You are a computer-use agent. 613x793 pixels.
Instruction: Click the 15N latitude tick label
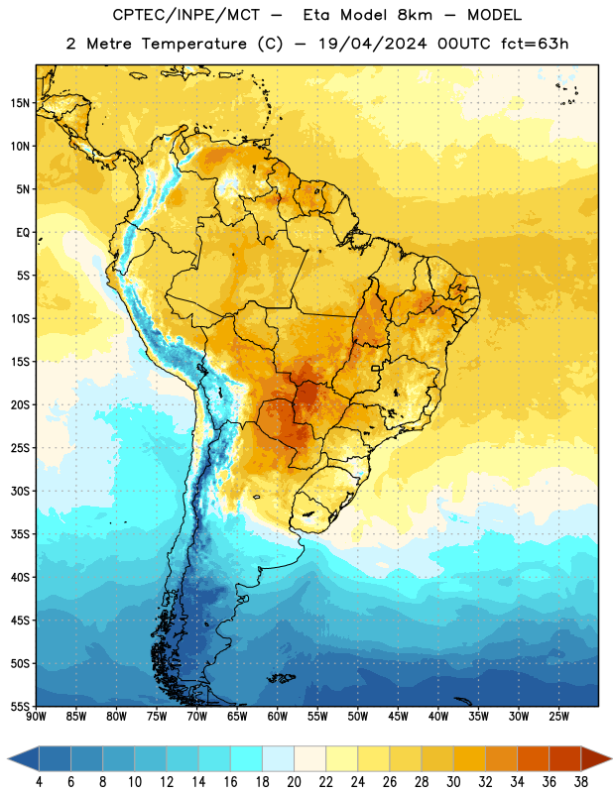[20, 103]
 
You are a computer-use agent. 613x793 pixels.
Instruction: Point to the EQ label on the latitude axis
[23, 233]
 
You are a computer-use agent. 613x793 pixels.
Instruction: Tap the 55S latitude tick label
[20, 706]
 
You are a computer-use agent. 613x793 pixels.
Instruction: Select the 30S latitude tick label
[20, 491]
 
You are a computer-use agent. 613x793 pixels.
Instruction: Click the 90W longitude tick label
[37, 716]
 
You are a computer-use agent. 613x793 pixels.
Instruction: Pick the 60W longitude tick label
[278, 716]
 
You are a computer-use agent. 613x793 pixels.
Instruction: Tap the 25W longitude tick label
[558, 716]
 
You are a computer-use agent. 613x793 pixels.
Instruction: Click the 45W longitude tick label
[398, 716]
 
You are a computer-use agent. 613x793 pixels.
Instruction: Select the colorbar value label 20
[294, 782]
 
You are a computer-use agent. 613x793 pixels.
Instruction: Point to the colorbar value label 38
[580, 782]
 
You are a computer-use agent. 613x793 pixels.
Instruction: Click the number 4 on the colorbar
[39, 782]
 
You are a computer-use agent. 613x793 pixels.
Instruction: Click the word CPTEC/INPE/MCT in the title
[186, 15]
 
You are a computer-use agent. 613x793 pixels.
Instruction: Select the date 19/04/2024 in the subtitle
[373, 44]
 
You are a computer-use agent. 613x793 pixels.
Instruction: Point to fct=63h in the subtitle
[535, 44]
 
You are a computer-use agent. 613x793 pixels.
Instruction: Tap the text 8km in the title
[415, 15]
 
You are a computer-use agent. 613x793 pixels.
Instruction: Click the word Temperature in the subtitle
[193, 44]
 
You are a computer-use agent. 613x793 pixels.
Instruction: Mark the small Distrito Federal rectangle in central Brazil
[376, 368]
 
